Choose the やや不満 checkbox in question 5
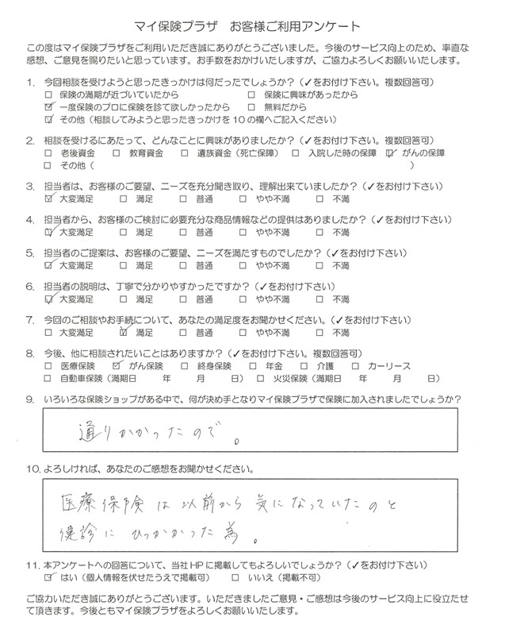(246, 266)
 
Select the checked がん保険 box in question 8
(118, 366)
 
